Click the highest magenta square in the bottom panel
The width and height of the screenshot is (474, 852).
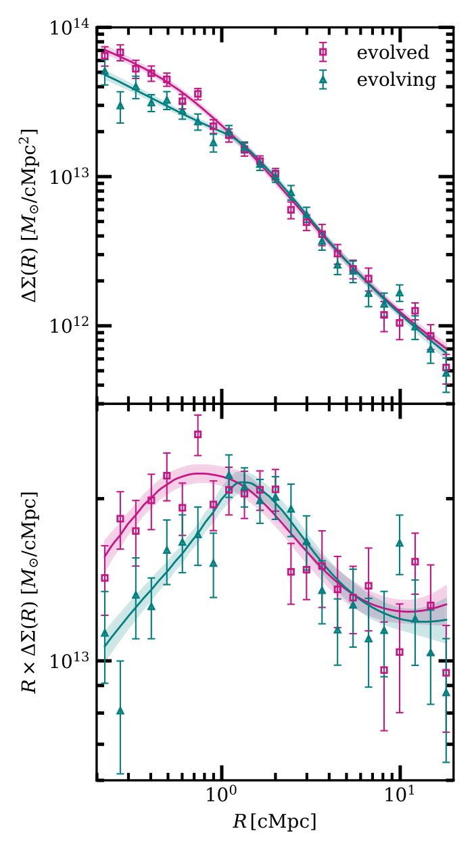[x=198, y=435]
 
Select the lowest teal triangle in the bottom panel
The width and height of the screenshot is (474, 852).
[x=120, y=711]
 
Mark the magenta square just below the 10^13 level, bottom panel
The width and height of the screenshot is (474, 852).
[x=384, y=671]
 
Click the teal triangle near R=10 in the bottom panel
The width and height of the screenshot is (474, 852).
[x=399, y=543]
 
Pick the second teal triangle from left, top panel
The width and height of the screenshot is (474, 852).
[x=120, y=105]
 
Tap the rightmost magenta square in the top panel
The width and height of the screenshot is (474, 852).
[x=446, y=369]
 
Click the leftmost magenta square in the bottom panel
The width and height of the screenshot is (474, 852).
[x=105, y=578]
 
